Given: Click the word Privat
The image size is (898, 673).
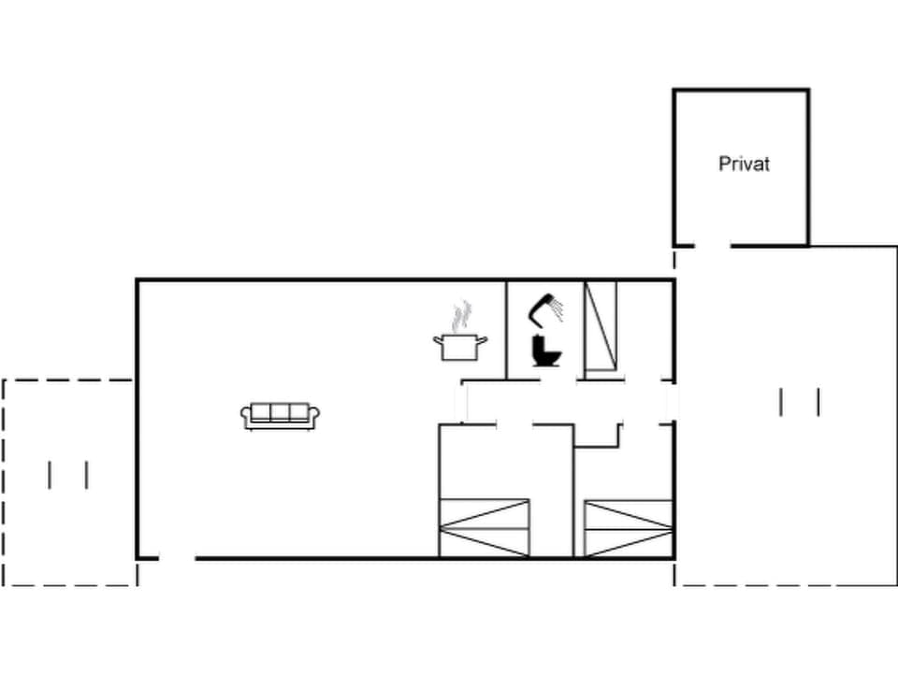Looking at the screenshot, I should pos(744,164).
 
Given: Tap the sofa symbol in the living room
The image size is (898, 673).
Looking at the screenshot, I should pos(281,415).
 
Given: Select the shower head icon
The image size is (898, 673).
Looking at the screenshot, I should pos(545,308).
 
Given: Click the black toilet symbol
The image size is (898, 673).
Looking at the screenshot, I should pos(544,351).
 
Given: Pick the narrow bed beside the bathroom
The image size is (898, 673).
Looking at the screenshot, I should pos(601,327).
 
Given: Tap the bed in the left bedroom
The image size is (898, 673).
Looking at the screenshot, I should pos(485,527).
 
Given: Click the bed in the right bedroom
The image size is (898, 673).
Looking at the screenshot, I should pos(629,527).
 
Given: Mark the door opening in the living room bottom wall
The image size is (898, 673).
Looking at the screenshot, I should pos(177,558).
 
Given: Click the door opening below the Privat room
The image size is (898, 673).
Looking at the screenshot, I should pos(713,246).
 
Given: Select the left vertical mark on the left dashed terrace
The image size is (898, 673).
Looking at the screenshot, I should pos(50,475).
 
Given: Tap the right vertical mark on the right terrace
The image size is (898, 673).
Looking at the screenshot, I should pos(818,402).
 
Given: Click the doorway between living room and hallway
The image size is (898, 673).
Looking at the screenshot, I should pos(460,403).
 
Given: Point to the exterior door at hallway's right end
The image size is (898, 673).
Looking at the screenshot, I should pos(672,403).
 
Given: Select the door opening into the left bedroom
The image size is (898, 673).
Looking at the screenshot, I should pos(514,425).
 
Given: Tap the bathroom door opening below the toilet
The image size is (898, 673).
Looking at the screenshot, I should pos(558,379).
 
